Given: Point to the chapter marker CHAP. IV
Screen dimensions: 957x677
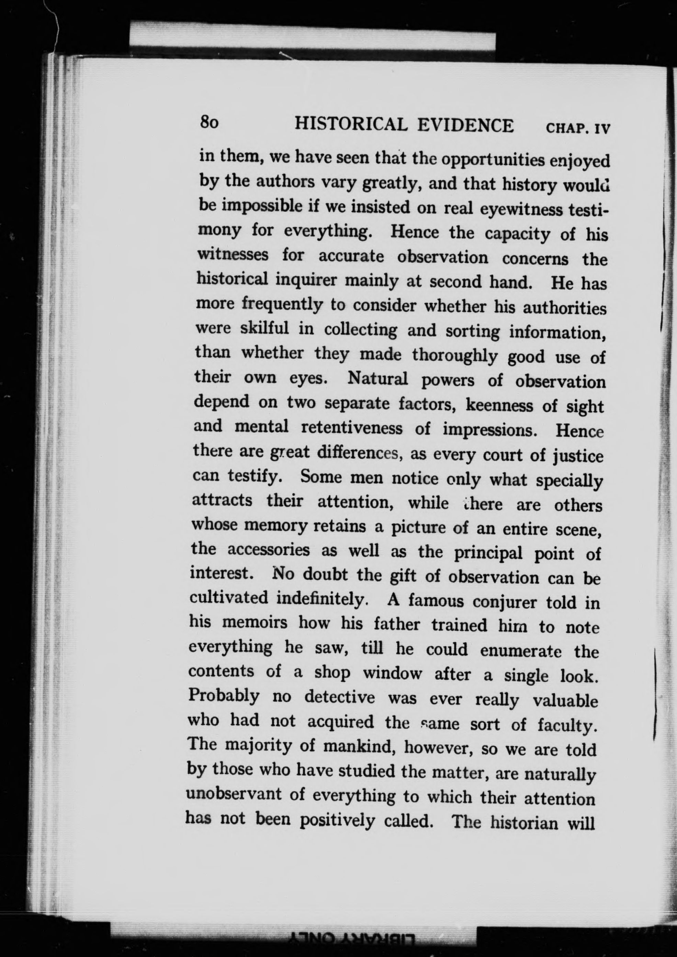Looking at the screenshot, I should click(578, 128).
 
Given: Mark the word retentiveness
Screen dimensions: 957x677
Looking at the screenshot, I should click(352, 428).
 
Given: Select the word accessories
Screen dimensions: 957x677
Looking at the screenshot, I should click(269, 550).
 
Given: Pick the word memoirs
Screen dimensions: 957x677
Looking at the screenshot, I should click(255, 623).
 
